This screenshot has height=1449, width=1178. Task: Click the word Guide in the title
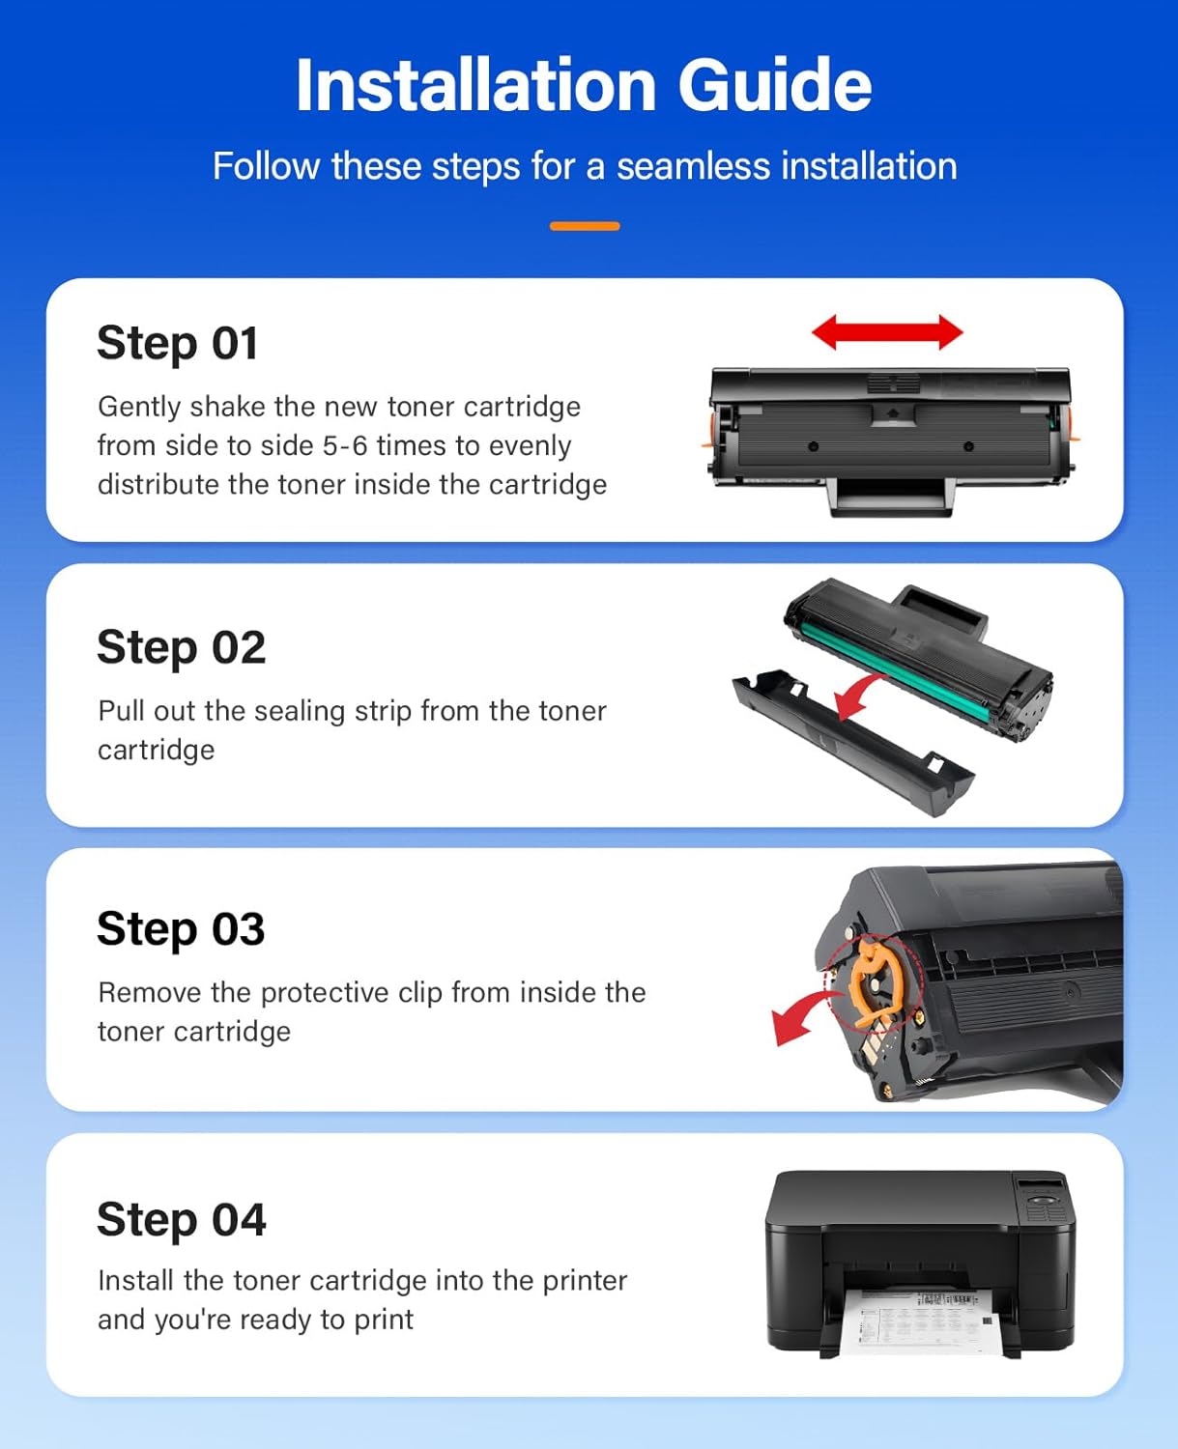(774, 85)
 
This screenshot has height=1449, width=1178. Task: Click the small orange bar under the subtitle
(585, 226)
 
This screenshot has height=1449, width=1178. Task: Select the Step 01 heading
(178, 344)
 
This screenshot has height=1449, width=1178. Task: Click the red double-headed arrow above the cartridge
(887, 332)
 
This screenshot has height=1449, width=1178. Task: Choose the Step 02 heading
(181, 647)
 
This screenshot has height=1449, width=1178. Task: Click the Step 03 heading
(181, 929)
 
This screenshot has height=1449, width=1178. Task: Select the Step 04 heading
(181, 1219)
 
